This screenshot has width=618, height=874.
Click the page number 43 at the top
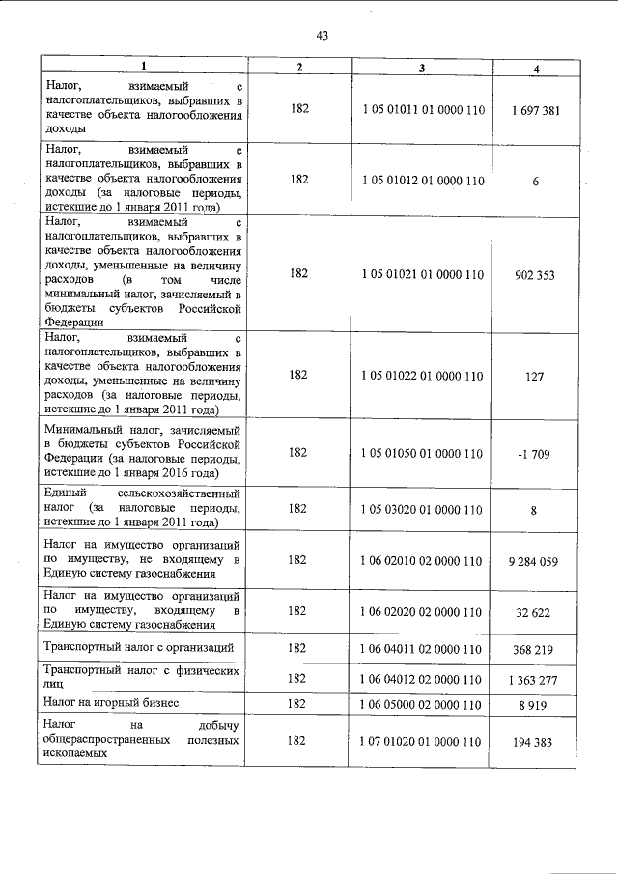click(x=323, y=36)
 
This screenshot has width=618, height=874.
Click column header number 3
click(x=422, y=68)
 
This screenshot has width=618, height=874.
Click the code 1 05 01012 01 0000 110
click(x=422, y=181)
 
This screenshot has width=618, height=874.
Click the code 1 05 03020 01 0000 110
click(x=422, y=510)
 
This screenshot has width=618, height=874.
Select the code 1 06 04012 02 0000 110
click(x=422, y=680)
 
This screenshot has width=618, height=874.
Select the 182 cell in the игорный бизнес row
click(x=297, y=705)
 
